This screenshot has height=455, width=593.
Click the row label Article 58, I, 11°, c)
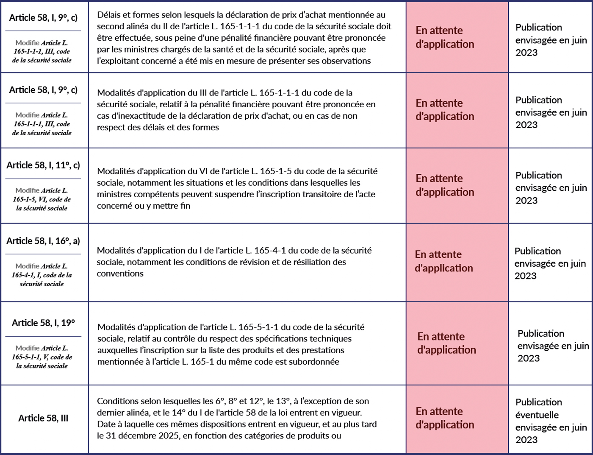point(43,165)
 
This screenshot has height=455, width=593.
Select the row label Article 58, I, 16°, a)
point(43,241)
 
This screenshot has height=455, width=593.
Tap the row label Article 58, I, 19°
point(43,323)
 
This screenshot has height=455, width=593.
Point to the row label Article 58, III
point(43,419)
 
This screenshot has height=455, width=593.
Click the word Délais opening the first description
point(109,15)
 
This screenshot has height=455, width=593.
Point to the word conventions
point(120,274)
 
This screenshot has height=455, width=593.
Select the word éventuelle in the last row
point(537,415)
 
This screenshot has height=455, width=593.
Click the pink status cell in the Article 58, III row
point(457,419)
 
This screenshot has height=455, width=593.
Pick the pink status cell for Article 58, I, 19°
point(457,343)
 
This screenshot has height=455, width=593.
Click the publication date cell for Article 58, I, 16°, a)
point(550,263)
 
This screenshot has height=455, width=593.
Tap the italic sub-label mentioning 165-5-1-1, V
point(42,357)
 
